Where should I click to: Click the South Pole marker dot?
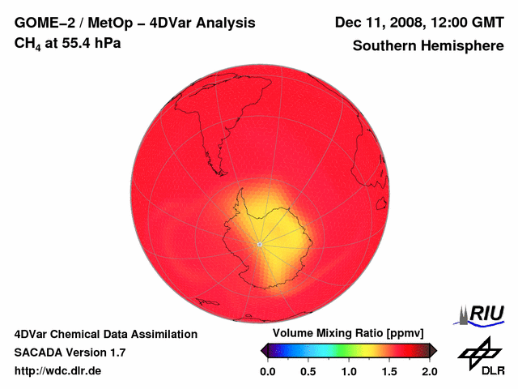pyautogui.click(x=259, y=243)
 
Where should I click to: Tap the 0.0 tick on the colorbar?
pyautogui.click(x=268, y=371)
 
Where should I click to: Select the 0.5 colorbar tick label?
pyautogui.click(x=308, y=371)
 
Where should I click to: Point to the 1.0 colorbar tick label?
pyautogui.click(x=349, y=371)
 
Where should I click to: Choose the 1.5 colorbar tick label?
pyautogui.click(x=389, y=371)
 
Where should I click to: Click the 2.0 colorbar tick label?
pyautogui.click(x=430, y=371)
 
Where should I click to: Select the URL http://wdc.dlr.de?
pyautogui.click(x=58, y=371)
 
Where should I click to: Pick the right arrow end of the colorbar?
pyautogui.click(x=433, y=350)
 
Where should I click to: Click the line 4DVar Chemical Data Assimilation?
pyautogui.click(x=106, y=334)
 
